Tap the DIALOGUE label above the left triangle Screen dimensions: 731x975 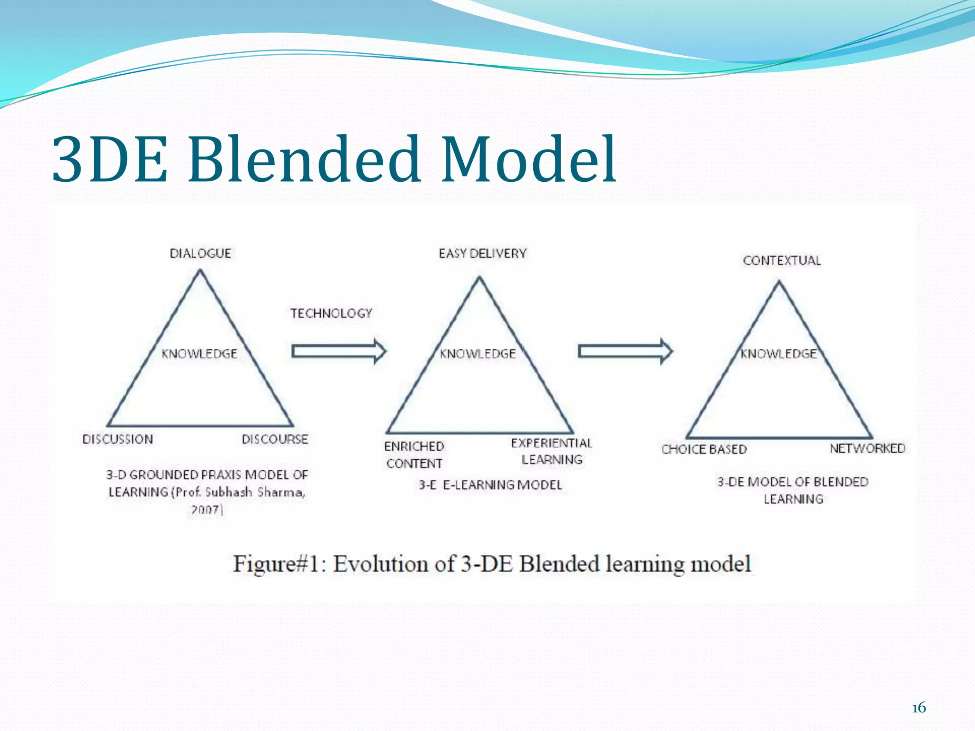click(200, 253)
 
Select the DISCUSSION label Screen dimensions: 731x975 click(118, 439)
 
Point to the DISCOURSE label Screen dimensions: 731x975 click(275, 439)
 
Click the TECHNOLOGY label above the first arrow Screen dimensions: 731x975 click(331, 313)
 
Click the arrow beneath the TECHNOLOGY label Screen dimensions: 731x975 click(338, 352)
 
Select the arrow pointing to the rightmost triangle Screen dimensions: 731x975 click(625, 352)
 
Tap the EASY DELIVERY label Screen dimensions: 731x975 click(482, 253)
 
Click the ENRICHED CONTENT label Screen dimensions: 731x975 click(414, 454)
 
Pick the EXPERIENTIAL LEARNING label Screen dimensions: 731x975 click(551, 451)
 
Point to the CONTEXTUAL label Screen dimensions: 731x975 click(782, 260)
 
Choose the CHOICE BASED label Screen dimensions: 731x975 click(704, 449)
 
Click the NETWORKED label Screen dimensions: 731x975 click(867, 448)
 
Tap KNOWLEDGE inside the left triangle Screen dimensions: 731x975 click(199, 354)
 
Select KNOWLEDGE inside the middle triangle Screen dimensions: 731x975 click(478, 354)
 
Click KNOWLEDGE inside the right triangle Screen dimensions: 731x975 click(778, 354)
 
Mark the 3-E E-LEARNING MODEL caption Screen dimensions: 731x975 click(490, 485)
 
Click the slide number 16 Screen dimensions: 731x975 click(919, 708)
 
